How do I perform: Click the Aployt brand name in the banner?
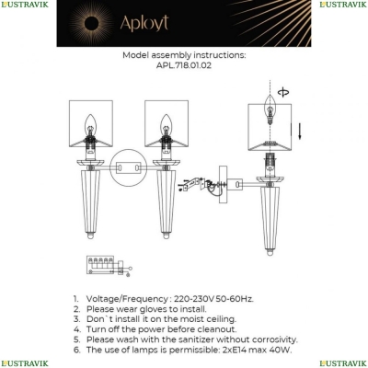click(144, 23)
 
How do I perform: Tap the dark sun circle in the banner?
click(92, 23)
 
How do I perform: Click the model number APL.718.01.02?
click(184, 65)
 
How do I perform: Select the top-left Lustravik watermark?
click(25, 5)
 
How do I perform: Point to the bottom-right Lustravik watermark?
click(343, 363)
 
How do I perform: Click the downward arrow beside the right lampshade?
click(300, 131)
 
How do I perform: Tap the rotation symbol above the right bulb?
click(282, 92)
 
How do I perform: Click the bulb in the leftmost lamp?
click(90, 125)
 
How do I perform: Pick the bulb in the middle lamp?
click(167, 125)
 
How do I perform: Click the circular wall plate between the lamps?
click(129, 167)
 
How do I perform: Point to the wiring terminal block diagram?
click(109, 266)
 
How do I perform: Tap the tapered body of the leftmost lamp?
click(90, 202)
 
